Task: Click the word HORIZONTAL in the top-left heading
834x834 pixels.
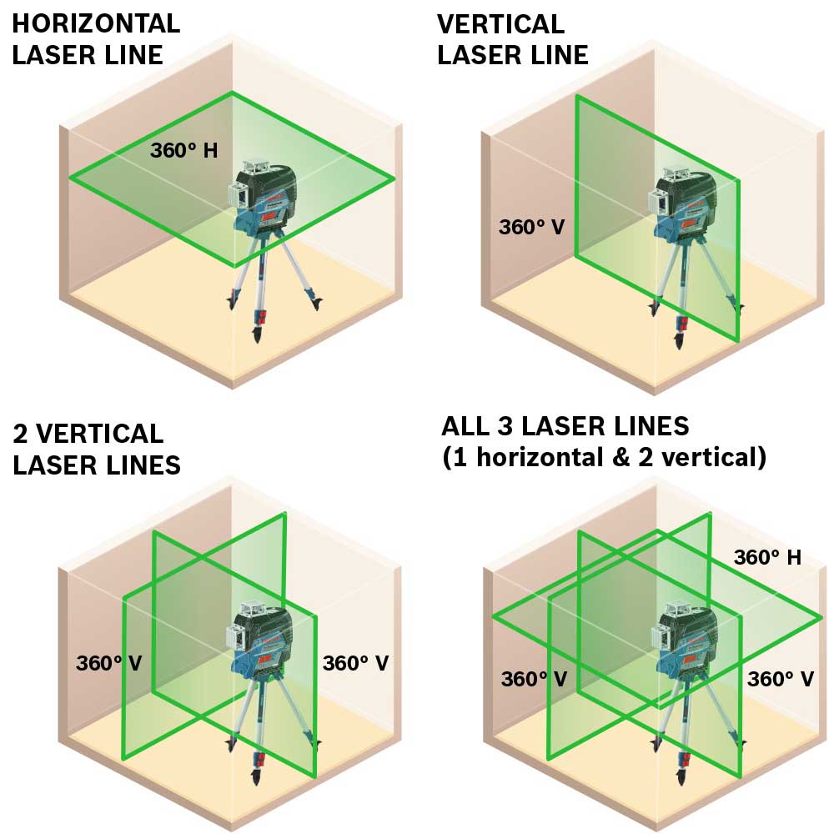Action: point(96,23)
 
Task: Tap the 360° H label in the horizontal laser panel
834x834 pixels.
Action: point(184,151)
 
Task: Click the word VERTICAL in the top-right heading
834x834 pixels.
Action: point(500,23)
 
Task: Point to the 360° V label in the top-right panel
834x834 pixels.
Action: point(532,227)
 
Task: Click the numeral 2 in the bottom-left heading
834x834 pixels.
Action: point(23,434)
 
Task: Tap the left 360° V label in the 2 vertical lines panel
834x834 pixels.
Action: point(108,663)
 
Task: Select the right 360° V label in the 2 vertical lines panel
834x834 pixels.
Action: point(355,663)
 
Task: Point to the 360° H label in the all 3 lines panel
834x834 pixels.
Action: point(767,557)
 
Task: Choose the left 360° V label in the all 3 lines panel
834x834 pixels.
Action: point(534,679)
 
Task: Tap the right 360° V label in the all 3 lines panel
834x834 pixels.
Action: point(781,679)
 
